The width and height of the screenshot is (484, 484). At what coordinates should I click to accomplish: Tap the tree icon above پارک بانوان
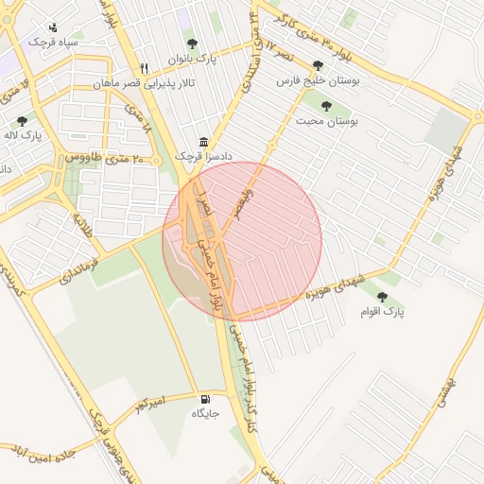click(x=193, y=43)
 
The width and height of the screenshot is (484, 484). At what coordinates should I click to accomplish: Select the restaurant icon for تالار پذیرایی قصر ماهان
click(x=144, y=68)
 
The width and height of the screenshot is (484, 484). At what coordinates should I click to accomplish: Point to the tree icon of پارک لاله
click(x=22, y=121)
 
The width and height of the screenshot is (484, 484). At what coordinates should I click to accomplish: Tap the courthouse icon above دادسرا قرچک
click(x=204, y=140)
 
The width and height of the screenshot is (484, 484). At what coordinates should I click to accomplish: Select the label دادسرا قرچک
click(x=204, y=155)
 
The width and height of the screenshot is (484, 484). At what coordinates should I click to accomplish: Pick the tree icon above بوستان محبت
click(x=326, y=106)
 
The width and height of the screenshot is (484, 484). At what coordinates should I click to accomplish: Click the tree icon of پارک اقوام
click(x=382, y=297)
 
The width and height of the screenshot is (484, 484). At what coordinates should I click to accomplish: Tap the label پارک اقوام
click(x=382, y=311)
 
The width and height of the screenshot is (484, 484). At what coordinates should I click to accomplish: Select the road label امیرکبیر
click(x=149, y=405)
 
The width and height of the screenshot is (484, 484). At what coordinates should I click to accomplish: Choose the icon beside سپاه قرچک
click(x=53, y=27)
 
